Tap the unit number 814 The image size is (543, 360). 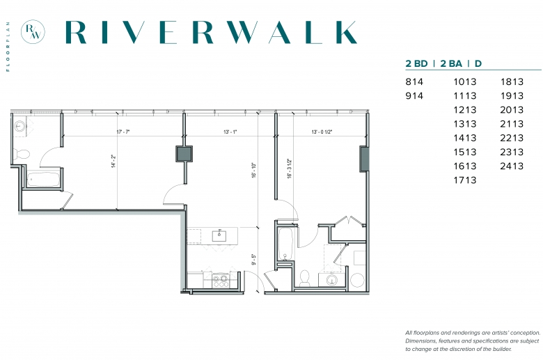click(414, 81)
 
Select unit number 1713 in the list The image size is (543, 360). click(465, 180)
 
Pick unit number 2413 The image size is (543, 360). click(512, 166)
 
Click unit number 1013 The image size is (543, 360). click(465, 81)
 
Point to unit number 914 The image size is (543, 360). click(414, 96)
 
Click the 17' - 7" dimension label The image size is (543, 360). click(123, 132)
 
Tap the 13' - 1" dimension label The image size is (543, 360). click(230, 132)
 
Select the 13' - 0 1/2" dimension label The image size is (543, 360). click(322, 132)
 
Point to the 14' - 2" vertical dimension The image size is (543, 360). click(113, 161)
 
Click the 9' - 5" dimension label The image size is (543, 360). click(254, 260)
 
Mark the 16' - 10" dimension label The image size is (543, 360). click(254, 170)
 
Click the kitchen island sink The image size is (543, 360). click(219, 235)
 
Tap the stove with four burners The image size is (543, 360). click(220, 281)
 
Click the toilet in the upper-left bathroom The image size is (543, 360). click(22, 153)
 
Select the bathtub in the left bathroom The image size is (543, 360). click(43, 180)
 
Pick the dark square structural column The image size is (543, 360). click(184, 154)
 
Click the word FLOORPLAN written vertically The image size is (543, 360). click(8, 47)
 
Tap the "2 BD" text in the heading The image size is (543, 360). click(416, 64)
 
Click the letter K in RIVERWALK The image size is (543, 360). click(345, 32)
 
